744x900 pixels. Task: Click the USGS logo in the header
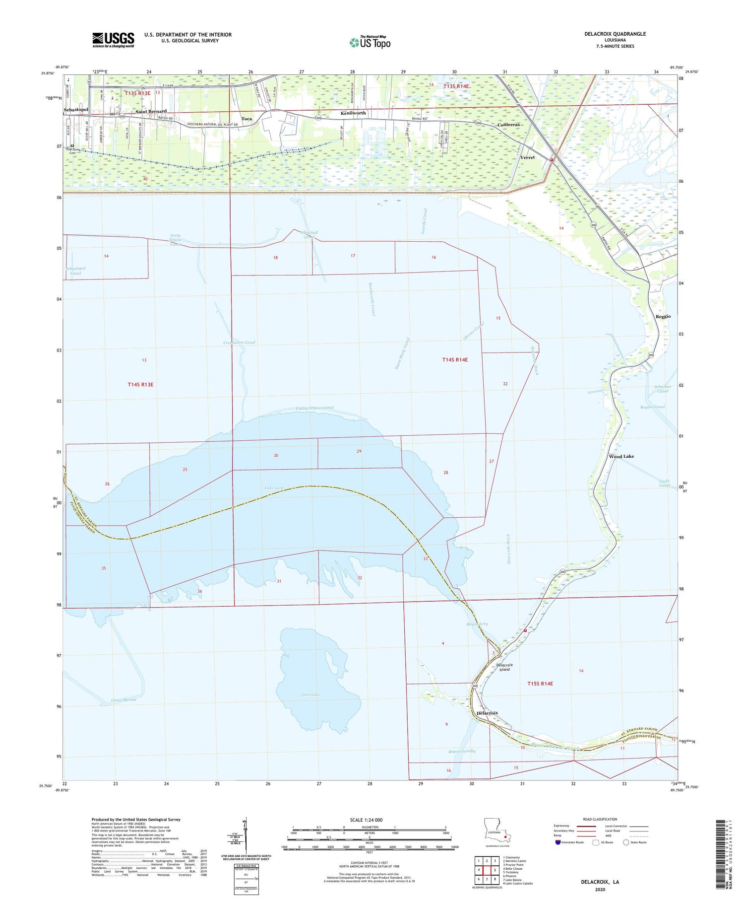(x=113, y=40)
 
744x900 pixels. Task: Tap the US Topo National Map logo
(x=370, y=42)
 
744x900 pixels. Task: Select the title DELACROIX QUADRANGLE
(x=615, y=34)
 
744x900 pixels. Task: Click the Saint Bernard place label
(x=151, y=112)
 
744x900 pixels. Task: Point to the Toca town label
(x=247, y=119)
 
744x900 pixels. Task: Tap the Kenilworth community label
(x=353, y=113)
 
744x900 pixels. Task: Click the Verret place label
(x=527, y=157)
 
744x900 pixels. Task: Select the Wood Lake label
(x=621, y=456)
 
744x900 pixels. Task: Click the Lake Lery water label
(x=274, y=488)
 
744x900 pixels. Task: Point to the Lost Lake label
(x=311, y=694)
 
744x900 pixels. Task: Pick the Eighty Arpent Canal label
(x=314, y=408)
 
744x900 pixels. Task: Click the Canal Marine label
(x=124, y=700)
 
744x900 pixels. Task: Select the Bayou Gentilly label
(x=462, y=751)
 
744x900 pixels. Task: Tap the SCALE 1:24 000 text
(x=359, y=820)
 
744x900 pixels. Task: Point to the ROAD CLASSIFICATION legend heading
(x=600, y=820)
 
